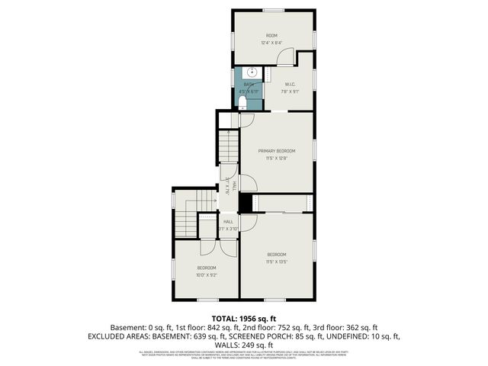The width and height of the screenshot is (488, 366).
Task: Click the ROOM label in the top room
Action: coord(271,36)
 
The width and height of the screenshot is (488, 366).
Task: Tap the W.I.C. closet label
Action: coord(290,84)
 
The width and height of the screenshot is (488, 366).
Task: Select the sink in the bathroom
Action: coord(252,73)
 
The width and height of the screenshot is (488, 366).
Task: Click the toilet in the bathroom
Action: coord(243,101)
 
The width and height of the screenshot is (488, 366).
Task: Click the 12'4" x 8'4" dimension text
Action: coord(271,43)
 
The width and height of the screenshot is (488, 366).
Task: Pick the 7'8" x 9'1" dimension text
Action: coord(290,91)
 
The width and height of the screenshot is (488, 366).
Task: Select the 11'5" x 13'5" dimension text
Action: coord(276,261)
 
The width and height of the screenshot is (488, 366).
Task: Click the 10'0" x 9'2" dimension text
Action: coord(207,274)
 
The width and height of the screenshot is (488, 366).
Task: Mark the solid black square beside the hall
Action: coord(246,203)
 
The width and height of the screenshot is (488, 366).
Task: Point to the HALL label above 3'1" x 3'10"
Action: coord(228,221)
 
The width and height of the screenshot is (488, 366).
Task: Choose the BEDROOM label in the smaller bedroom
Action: coord(207,268)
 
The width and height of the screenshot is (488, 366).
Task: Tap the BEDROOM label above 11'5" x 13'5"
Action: coord(276,254)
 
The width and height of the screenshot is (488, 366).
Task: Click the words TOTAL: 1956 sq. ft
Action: coord(244,318)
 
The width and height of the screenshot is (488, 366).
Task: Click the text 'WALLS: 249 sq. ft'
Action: coord(244,345)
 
